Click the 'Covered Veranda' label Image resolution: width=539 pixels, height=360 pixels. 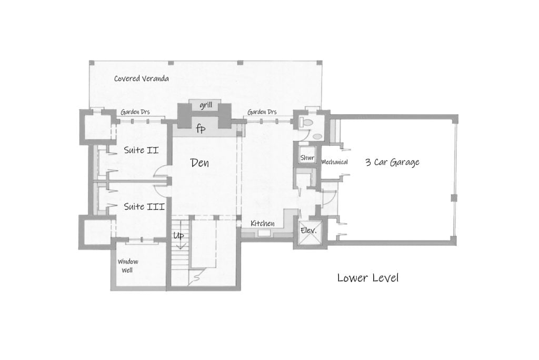142,79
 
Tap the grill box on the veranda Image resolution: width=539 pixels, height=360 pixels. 205,106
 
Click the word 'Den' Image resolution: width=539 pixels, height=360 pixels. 199,163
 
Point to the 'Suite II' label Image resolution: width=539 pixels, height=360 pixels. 142,151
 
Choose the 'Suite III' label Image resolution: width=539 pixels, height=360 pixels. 144,207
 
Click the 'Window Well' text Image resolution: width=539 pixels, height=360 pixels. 128,265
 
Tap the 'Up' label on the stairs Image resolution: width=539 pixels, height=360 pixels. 179,236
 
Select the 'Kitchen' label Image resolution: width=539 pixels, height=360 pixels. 262,224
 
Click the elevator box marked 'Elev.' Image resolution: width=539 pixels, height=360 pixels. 307,231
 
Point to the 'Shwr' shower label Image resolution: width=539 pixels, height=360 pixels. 307,158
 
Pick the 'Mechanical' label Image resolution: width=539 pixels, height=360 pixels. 335,162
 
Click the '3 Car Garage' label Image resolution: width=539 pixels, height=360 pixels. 392,162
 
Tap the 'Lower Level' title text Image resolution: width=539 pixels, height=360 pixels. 367,277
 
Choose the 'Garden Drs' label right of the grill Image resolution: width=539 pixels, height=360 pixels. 262,112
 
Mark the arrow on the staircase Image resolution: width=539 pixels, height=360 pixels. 180,243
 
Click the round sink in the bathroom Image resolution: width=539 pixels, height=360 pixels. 316,136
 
